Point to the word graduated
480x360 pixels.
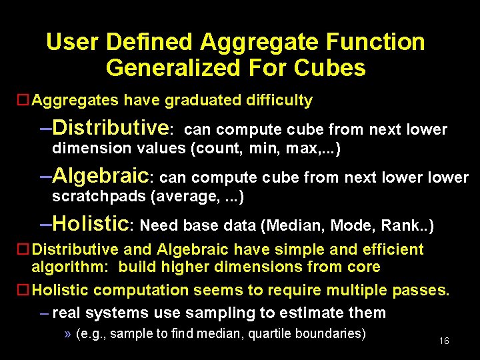click(203, 101)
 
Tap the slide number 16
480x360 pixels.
click(444, 341)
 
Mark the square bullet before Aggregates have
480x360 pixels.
click(22, 101)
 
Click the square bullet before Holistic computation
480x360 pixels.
click(22, 290)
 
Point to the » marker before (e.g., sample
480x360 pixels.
click(68, 333)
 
